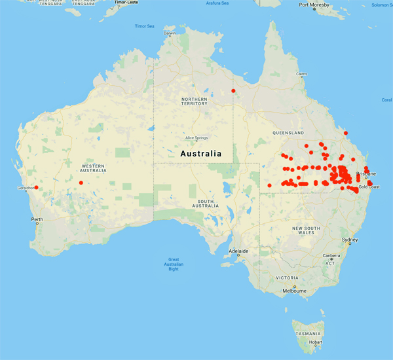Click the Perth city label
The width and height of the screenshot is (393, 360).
tap(37, 219)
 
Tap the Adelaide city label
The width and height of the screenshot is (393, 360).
tap(238, 251)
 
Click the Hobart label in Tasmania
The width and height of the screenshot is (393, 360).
tap(316, 341)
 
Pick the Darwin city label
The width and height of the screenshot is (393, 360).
tap(170, 33)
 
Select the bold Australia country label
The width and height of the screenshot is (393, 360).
tap(201, 153)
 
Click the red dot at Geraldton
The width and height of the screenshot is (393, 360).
tap(36, 188)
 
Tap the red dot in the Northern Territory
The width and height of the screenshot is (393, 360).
tap(233, 91)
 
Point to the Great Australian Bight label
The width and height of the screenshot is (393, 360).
tap(174, 264)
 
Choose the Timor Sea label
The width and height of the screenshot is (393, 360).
tap(144, 26)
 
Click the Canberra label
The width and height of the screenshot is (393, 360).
tap(331, 255)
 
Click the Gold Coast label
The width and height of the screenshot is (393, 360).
tap(369, 187)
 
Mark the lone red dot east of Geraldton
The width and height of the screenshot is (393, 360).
tap(81, 183)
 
